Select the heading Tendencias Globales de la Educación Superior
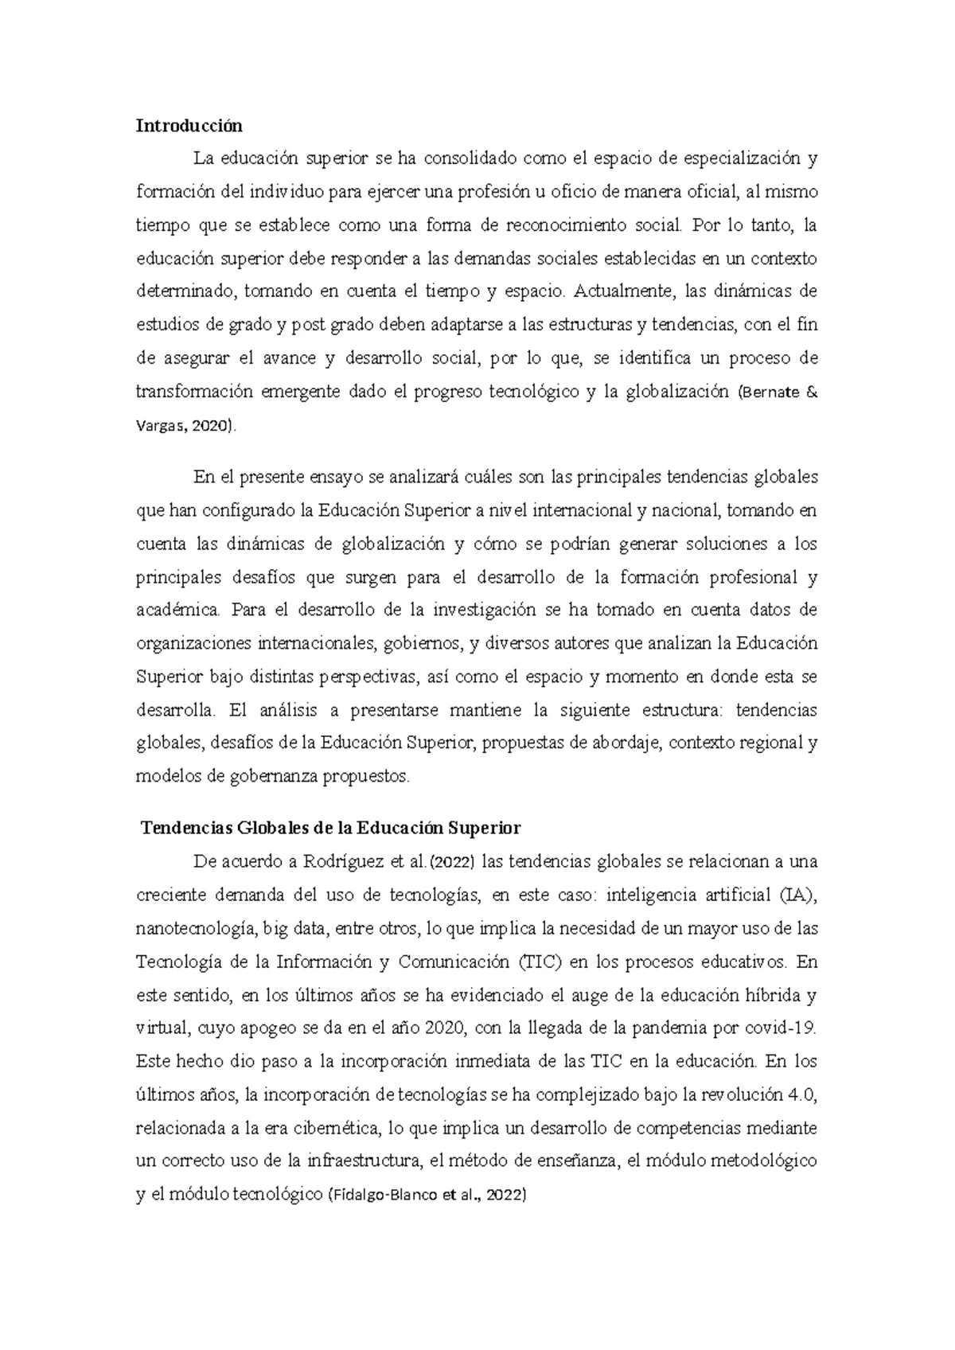tap(330, 828)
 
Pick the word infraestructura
tap(362, 1161)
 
